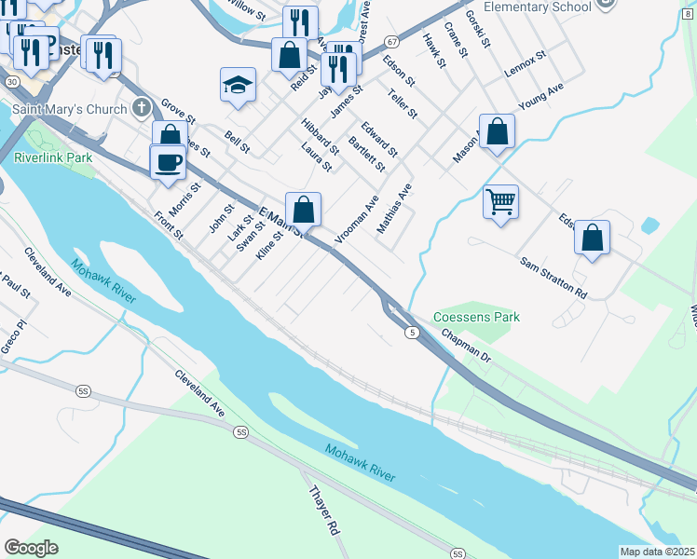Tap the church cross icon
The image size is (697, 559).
[141, 107]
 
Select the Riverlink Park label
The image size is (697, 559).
[53, 157]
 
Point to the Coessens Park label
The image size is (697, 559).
[477, 317]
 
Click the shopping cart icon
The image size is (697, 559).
[500, 200]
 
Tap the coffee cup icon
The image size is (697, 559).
[168, 162]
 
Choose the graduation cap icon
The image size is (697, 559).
[239, 86]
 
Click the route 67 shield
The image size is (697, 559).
[391, 42]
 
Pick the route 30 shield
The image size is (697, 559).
[10, 82]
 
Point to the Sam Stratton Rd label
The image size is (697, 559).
[554, 278]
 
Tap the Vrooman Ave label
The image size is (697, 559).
[356, 219]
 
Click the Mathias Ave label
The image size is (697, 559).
[393, 208]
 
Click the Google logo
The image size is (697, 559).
[31, 548]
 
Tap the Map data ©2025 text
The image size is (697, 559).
[656, 552]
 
